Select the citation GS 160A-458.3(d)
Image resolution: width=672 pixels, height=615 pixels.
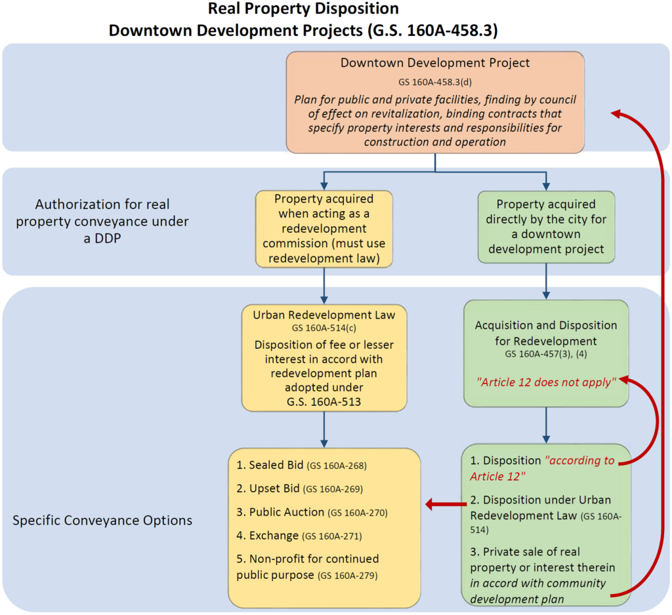tap(435, 83)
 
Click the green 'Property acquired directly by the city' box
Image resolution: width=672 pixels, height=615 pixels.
tap(546, 227)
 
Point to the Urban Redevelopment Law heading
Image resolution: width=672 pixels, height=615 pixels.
tap(324, 315)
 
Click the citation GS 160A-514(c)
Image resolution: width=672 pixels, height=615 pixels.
tap(324, 327)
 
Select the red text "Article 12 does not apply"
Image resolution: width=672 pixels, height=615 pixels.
tap(546, 382)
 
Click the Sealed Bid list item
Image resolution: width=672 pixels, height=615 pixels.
tap(301, 466)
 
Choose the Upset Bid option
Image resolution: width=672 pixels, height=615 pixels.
tap(299, 488)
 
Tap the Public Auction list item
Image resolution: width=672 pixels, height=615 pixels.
tap(305, 512)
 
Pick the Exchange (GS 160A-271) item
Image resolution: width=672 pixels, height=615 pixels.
tap(299, 536)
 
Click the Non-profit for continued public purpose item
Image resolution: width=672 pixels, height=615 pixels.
tap(308, 566)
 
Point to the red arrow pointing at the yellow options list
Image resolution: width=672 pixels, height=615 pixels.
tap(443, 504)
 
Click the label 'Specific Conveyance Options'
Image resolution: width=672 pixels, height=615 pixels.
tap(102, 520)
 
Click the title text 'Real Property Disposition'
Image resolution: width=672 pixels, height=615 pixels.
tap(303, 9)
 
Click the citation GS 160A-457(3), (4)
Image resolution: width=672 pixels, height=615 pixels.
tap(546, 354)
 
